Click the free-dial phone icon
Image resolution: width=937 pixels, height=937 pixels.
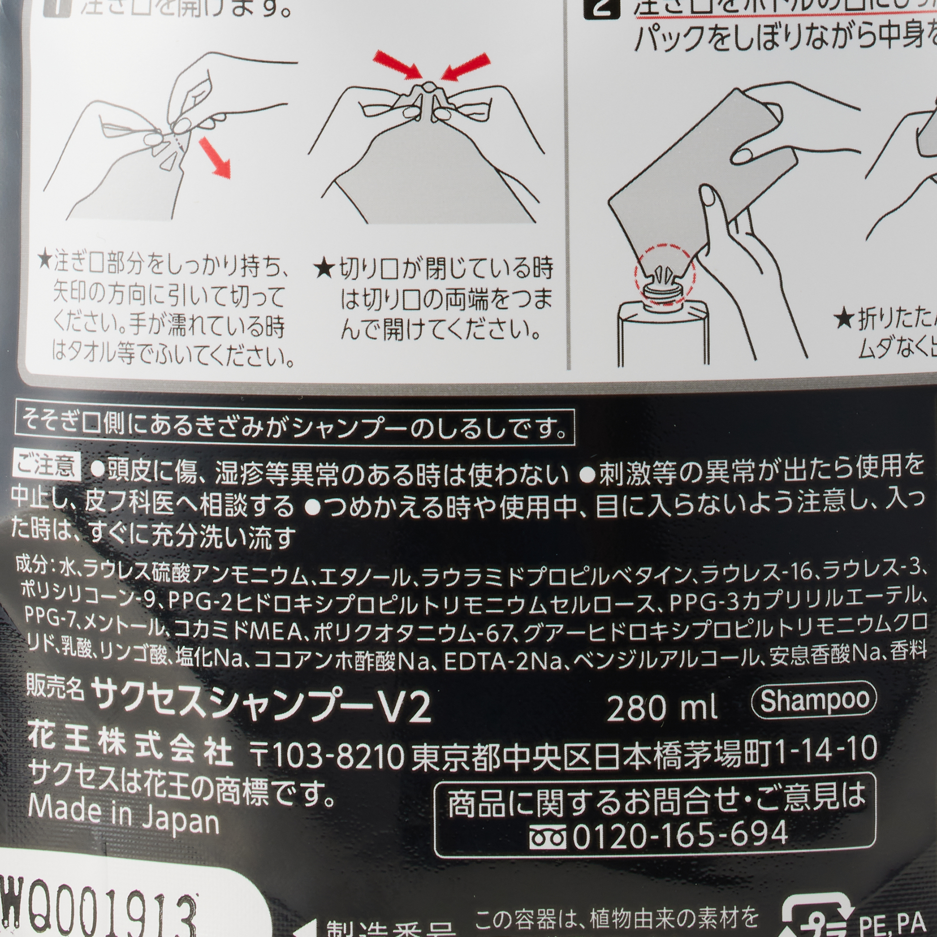pos(548,836)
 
